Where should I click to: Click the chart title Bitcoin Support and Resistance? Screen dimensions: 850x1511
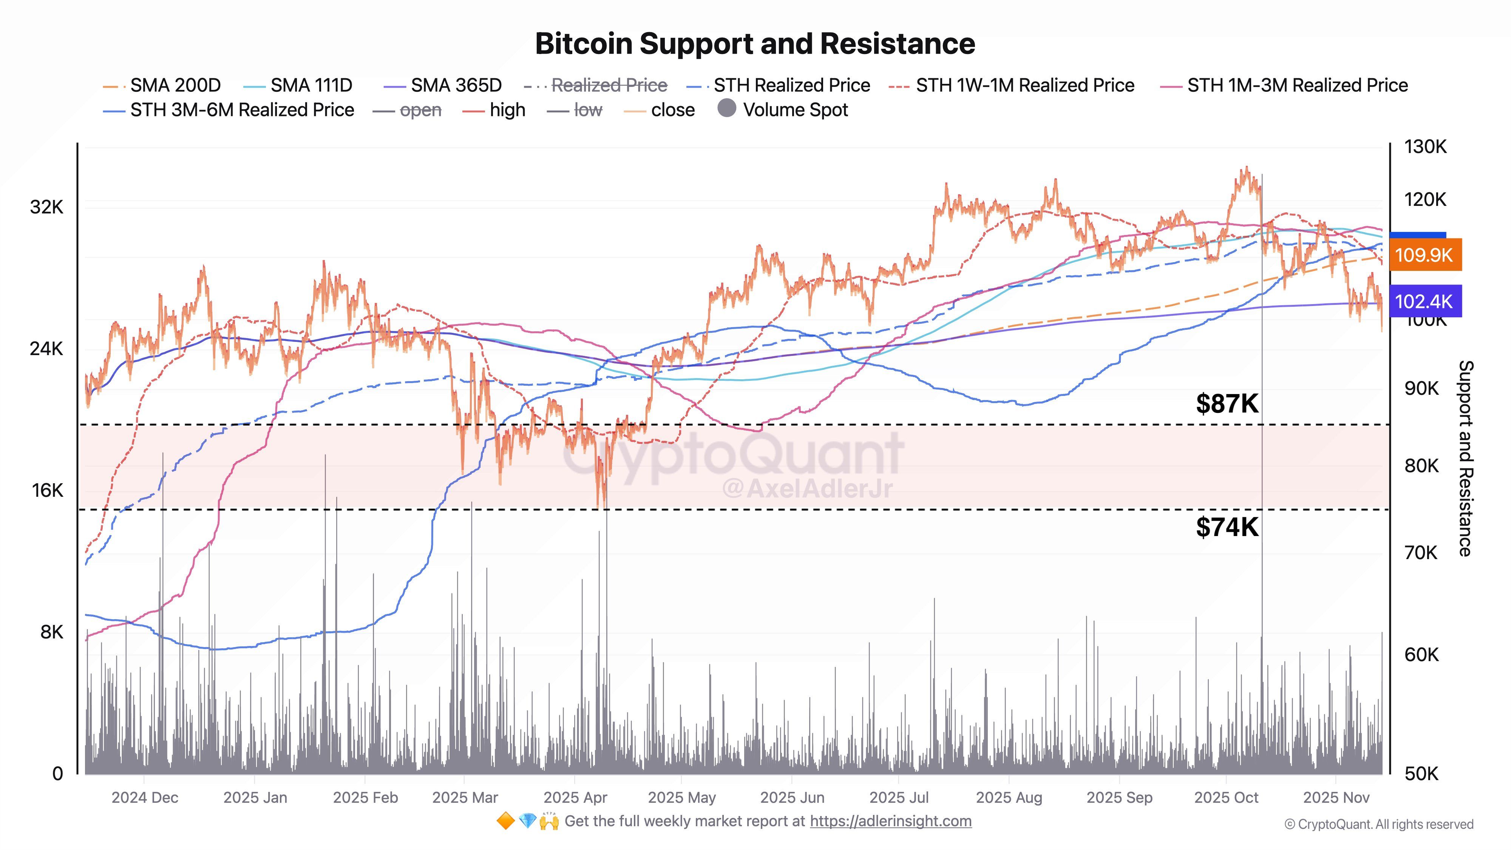(755, 43)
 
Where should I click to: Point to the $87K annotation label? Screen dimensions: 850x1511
(1227, 403)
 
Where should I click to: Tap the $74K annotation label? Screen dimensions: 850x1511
(1227, 527)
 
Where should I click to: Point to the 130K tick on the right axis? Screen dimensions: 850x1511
(1425, 147)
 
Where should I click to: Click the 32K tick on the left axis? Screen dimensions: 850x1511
(46, 207)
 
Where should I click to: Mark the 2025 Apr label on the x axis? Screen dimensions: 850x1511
(575, 798)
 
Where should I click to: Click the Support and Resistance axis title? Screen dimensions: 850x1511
(1465, 458)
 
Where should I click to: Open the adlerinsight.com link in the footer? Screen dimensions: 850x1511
(890, 821)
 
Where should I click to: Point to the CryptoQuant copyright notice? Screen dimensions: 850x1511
(1378, 825)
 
